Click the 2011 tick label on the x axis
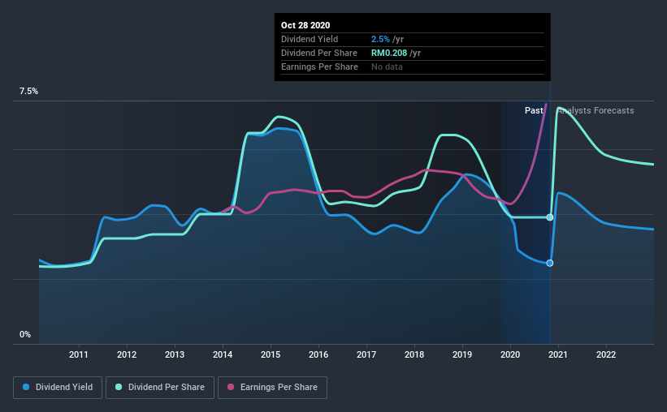pos(79,354)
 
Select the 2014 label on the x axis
pos(223,354)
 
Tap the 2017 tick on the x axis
pos(366,354)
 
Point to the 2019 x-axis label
pos(462,354)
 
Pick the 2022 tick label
pos(606,354)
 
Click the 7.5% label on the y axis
pos(29,92)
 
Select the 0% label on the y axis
pos(25,334)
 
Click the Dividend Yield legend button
pos(58,388)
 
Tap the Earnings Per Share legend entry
pos(272,388)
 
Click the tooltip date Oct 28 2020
pos(307,26)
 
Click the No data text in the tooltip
pos(387,67)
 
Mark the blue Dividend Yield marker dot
pos(550,263)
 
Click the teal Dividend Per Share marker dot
pos(550,217)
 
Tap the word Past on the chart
pos(533,110)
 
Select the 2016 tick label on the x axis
pos(318,354)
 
